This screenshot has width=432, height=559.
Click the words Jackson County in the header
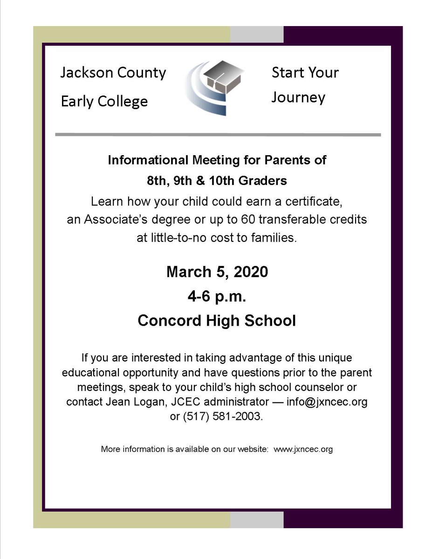(x=113, y=73)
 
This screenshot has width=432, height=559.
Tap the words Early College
(x=104, y=101)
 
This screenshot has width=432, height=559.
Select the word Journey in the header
(x=298, y=98)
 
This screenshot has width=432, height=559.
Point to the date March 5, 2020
(x=217, y=271)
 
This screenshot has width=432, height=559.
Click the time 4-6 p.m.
(x=217, y=296)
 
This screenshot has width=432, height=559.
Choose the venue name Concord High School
(x=217, y=321)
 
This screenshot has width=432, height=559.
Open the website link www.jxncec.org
(x=303, y=450)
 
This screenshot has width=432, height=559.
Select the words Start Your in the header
(x=305, y=73)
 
